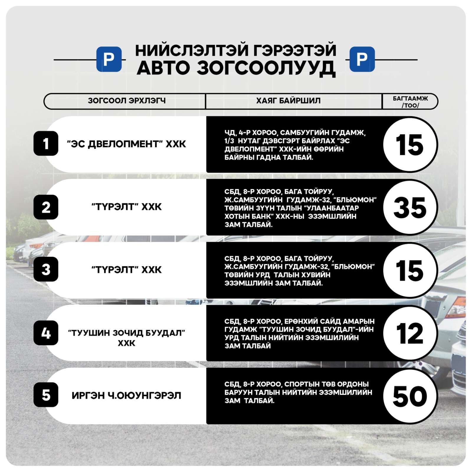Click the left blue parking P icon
[x=109, y=59]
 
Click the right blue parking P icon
[x=362, y=59]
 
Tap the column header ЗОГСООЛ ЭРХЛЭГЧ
[x=127, y=101]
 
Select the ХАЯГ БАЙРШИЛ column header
[x=288, y=101]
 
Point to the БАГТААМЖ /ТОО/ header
[x=410, y=101]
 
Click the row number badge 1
[x=46, y=144]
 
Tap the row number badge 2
[x=46, y=207]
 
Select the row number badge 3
[x=46, y=270]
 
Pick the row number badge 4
[x=46, y=333]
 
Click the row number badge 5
[x=46, y=395]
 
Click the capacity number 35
[x=410, y=207]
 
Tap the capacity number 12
[x=410, y=333]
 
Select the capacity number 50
[x=410, y=396]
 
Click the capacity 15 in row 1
[x=410, y=145]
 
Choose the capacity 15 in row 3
[x=410, y=270]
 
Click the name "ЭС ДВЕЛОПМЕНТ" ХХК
[x=127, y=144]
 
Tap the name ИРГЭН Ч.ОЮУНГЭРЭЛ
[x=126, y=395]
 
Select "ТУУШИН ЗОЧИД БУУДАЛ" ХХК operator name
[x=127, y=338]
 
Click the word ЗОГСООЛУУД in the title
[x=266, y=68]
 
